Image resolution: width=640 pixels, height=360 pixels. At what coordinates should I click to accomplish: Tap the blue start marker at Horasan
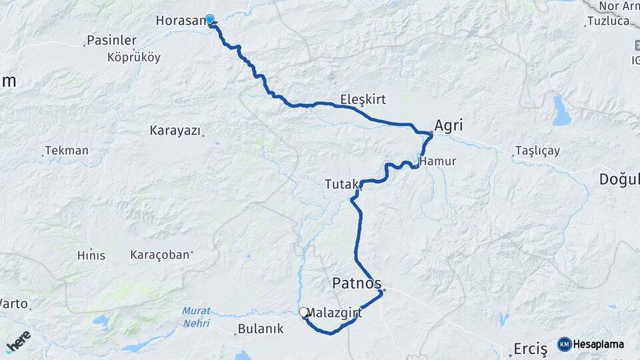(x=210, y=20)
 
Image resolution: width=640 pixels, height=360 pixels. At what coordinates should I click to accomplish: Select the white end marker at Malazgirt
(x=304, y=312)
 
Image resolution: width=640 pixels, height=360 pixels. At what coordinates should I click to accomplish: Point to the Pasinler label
(x=111, y=41)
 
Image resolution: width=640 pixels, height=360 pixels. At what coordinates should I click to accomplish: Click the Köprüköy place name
(x=134, y=57)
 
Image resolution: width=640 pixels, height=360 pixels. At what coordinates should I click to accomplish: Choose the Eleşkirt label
(x=363, y=99)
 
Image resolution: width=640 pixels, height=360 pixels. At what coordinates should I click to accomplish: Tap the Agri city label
(x=449, y=125)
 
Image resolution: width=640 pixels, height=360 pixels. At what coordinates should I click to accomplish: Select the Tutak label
(x=341, y=183)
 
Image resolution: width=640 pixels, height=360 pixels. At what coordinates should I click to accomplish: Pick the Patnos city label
(x=357, y=284)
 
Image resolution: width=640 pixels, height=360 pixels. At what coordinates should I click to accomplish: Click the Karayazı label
(x=175, y=131)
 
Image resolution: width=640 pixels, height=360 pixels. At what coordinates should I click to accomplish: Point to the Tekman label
(x=67, y=151)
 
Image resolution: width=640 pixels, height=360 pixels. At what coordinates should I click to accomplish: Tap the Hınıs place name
(x=91, y=255)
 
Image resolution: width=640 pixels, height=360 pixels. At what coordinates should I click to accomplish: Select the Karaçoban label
(x=160, y=255)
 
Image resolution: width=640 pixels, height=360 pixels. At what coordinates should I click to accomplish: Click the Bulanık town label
(x=261, y=329)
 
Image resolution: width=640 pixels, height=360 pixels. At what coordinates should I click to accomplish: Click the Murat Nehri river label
(x=196, y=317)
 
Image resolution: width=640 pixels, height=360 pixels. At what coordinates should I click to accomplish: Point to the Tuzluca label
(x=608, y=21)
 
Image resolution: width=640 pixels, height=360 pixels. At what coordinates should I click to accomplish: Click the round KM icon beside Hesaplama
(x=564, y=344)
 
